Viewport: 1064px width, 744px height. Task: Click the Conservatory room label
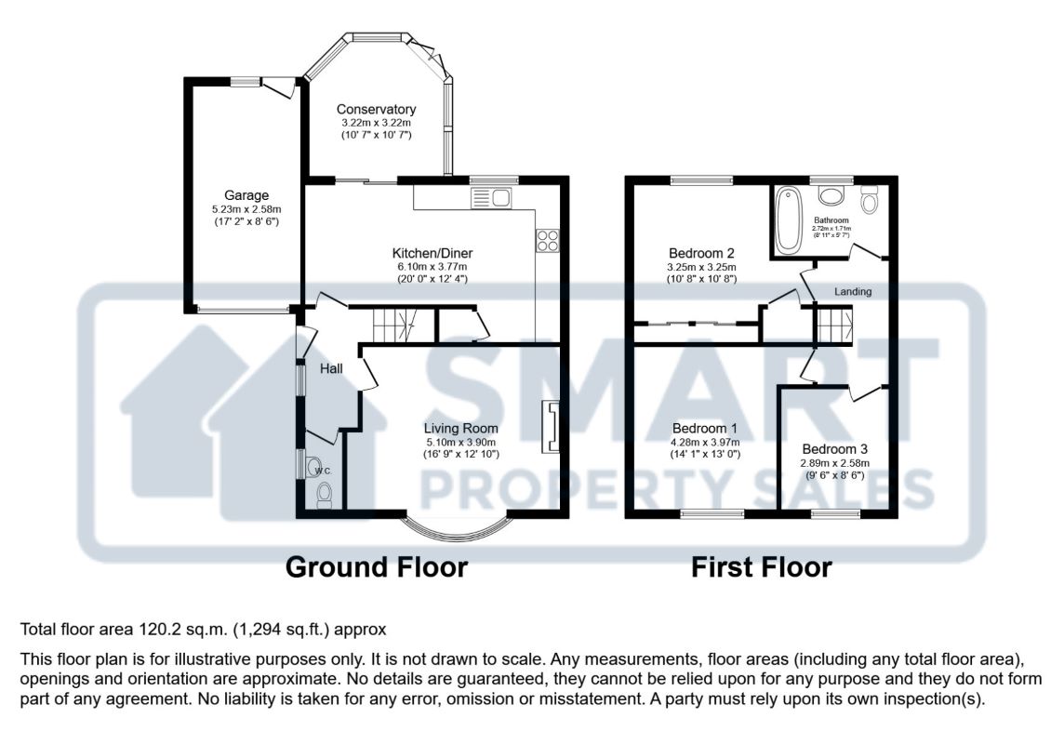point(376,109)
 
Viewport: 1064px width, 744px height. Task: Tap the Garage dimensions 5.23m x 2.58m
point(246,209)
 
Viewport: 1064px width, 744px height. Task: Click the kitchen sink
point(492,198)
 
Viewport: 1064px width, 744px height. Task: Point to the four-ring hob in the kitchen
point(548,240)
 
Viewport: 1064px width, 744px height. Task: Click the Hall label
point(331,369)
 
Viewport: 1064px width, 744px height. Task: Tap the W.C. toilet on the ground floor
point(325,495)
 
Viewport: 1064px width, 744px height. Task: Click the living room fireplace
point(550,426)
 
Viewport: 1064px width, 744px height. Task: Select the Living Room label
point(460,429)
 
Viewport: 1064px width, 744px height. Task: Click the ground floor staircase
point(393,325)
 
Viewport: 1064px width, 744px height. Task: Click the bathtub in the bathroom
point(789,219)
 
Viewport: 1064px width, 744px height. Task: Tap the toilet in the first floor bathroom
point(870,199)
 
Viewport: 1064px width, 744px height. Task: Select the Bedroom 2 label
point(701,254)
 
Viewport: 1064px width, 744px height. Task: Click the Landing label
point(853,292)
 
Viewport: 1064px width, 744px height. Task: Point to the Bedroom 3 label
point(834,449)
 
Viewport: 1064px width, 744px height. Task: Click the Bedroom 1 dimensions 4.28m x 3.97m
point(706,442)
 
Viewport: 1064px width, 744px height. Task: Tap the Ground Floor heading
point(377,567)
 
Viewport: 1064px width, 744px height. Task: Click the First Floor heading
point(762,567)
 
